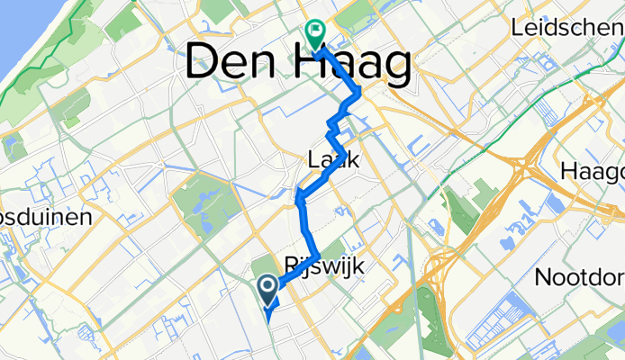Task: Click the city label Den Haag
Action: tap(299, 65)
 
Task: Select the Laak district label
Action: tap(333, 161)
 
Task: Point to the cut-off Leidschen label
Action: tap(566, 29)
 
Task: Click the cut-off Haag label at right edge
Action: tap(603, 171)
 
